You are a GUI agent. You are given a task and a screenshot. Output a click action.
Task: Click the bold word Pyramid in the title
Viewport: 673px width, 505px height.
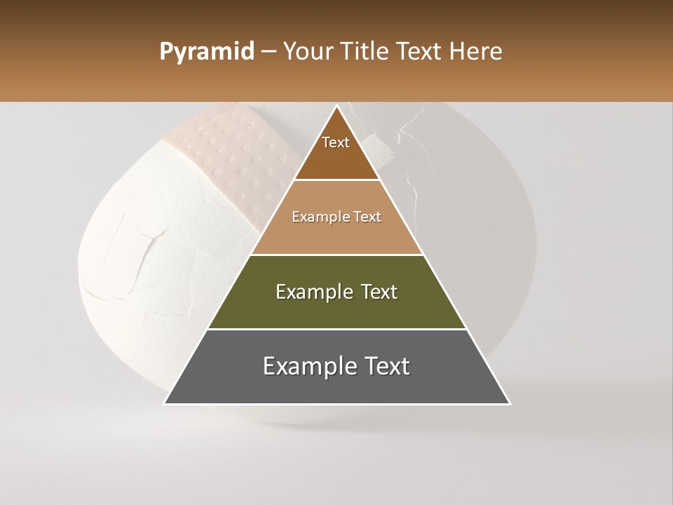point(206,51)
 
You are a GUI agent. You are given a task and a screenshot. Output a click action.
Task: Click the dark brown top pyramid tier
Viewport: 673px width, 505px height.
point(336,158)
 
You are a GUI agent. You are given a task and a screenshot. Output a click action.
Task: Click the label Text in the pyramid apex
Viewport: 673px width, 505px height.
point(336,142)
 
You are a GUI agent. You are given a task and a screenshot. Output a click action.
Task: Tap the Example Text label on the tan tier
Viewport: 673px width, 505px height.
point(336,217)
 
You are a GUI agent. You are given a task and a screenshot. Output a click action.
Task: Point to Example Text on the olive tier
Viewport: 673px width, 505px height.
point(336,292)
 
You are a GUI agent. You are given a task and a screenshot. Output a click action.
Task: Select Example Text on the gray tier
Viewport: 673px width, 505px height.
point(336,366)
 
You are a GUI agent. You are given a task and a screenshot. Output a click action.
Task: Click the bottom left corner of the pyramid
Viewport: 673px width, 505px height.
point(165,403)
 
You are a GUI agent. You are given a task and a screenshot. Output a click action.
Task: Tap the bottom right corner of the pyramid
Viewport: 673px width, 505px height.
point(510,403)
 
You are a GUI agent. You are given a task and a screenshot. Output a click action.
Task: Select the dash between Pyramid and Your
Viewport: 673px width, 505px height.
point(268,51)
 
